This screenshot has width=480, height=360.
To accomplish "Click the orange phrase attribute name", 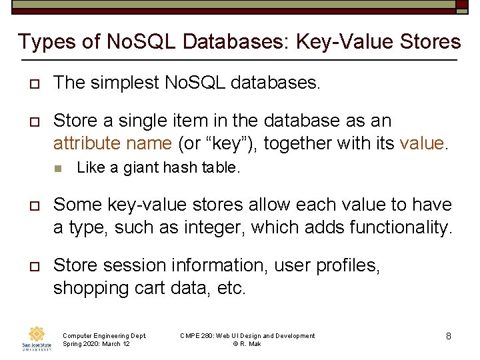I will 113,143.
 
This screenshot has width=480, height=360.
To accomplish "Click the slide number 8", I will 449,337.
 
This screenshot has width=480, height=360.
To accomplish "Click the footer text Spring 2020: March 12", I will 96,344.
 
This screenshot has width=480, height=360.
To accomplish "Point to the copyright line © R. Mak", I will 247,344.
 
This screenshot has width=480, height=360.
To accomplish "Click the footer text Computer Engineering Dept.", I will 104,336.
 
